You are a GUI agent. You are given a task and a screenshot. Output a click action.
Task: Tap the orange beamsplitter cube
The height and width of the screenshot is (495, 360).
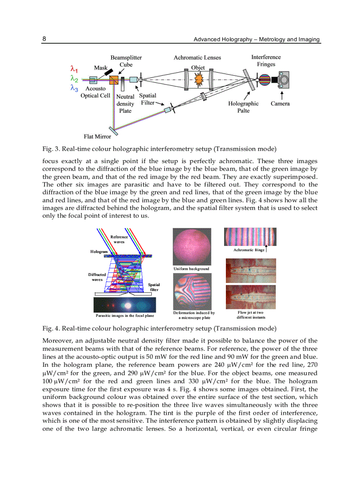114,81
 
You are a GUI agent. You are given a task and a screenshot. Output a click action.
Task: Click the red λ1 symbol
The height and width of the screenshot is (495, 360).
74,69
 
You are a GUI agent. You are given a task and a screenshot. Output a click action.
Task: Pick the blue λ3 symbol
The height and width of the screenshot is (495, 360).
74,88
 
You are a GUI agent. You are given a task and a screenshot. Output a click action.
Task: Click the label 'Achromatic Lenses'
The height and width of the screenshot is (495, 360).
197,57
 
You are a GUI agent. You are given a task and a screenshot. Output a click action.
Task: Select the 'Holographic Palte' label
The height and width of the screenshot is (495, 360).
244,107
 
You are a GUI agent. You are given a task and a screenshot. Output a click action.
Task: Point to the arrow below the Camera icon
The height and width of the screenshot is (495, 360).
281,94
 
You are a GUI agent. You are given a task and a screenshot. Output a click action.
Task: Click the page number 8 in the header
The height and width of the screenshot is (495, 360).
45,39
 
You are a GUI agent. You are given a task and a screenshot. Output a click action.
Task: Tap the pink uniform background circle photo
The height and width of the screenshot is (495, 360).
192,246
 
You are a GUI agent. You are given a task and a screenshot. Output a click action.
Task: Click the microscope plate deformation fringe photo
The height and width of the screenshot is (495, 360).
192,290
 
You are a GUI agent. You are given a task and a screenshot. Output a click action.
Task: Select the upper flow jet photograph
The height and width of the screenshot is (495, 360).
251,270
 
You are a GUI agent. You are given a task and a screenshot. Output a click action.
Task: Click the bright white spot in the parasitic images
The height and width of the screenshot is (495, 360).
128,305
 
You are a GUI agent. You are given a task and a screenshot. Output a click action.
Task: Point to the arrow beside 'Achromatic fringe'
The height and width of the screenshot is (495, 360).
267,249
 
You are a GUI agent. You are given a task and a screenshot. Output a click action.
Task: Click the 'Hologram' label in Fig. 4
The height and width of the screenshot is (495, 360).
99,251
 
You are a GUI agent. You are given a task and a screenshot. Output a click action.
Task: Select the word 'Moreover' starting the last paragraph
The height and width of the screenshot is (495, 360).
56,340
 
